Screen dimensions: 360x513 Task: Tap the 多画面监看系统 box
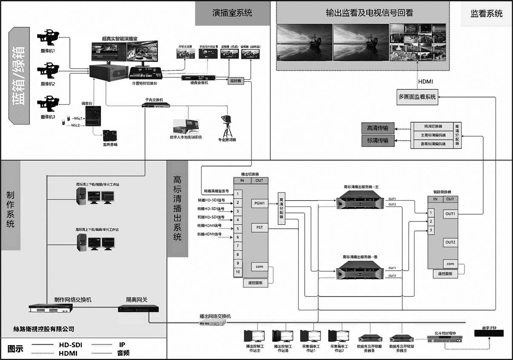417,97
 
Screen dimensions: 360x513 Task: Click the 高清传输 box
377,128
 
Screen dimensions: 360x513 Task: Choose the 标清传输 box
377,140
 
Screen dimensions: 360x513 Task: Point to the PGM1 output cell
259,203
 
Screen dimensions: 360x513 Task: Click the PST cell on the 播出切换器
259,228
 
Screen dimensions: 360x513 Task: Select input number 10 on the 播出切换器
238,272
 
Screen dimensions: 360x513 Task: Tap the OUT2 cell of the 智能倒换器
450,242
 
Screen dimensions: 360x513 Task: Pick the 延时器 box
237,81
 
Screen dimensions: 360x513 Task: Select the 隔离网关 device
140,308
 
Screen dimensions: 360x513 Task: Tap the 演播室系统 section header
232,13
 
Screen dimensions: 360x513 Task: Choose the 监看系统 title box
486,14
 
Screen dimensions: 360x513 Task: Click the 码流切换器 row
433,127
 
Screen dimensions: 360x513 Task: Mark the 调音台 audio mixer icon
92,116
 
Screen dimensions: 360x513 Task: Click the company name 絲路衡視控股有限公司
44,329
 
